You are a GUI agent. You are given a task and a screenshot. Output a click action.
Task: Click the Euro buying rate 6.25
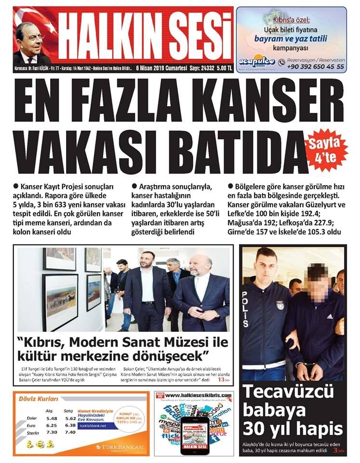pos(52,425)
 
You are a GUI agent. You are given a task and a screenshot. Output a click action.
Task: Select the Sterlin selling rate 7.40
pos(70,432)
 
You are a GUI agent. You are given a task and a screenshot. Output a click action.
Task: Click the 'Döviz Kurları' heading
pos(38,399)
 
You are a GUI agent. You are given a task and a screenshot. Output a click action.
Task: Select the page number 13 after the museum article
pos(222,380)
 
